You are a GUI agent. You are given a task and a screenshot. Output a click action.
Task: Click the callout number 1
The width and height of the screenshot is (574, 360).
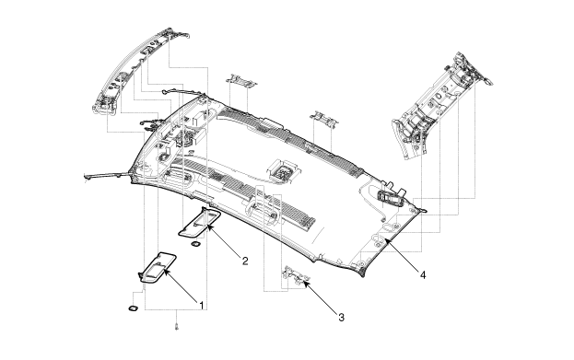coord(201,305)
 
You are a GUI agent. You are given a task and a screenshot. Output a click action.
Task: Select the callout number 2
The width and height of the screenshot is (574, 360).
coord(245,261)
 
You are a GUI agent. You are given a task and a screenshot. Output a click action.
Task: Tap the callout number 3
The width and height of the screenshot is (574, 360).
coord(341,318)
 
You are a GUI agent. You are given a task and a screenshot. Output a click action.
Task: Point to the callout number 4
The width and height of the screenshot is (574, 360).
coord(423,274)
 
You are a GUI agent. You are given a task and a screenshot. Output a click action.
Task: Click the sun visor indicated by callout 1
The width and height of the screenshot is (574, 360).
coord(158,268)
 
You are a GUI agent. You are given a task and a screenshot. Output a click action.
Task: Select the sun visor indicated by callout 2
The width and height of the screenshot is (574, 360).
coord(200,222)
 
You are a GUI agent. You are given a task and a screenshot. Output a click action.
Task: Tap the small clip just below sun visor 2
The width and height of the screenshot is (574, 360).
coord(196,243)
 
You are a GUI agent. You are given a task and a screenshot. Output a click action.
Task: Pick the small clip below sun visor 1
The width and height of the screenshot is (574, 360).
coord(134,308)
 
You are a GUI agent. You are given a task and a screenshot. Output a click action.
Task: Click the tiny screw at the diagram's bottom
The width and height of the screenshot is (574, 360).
coord(177,326)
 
